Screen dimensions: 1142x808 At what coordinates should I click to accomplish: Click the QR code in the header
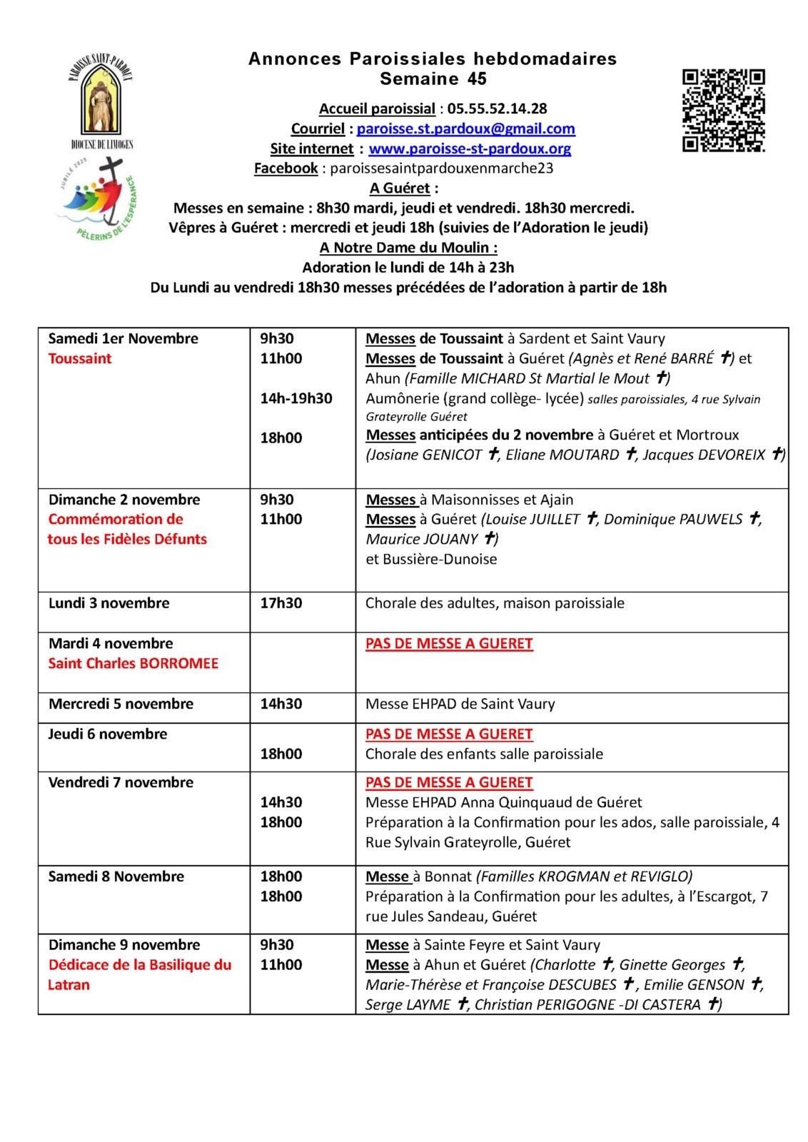tap(724, 110)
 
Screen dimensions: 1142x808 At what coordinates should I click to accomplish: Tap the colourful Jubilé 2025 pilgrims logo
tap(97, 203)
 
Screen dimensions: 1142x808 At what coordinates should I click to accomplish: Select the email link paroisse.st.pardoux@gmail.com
tap(465, 128)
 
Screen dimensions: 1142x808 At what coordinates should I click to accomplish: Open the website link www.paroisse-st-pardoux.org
tap(470, 148)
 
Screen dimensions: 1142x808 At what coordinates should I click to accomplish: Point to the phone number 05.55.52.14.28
tap(497, 108)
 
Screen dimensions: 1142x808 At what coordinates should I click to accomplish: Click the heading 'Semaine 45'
tap(433, 79)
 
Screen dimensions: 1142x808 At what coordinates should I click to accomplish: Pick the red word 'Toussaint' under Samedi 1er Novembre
tap(80, 358)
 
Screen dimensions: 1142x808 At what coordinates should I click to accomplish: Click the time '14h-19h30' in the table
tap(296, 398)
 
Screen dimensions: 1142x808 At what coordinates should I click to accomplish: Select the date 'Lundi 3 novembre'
tap(108, 603)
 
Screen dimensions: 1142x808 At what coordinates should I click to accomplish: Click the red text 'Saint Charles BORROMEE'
tap(133, 663)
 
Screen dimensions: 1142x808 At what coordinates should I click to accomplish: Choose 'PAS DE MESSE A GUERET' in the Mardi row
tap(449, 643)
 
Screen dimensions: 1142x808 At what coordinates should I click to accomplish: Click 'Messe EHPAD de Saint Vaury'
tap(460, 704)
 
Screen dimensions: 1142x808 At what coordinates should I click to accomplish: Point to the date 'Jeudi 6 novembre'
tap(108, 734)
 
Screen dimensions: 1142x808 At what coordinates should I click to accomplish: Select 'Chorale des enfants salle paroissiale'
tap(484, 754)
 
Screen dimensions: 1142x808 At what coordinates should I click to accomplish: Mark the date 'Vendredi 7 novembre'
tap(121, 782)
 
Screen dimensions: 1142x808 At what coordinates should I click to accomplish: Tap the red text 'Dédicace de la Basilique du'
tap(140, 965)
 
